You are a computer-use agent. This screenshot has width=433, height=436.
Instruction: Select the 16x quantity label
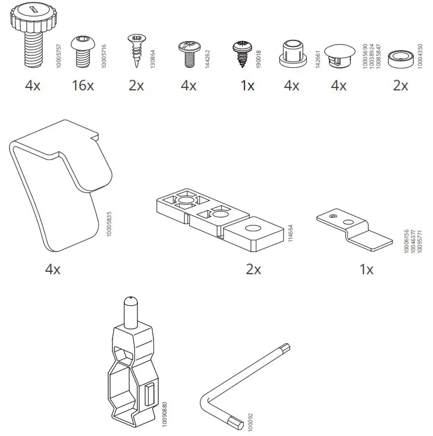click(x=82, y=86)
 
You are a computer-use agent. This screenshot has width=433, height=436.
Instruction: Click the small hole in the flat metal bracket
click(x=335, y=216)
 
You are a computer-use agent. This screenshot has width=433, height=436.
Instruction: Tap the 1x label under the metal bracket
click(x=366, y=269)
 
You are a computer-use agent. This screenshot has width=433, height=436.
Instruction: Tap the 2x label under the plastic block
click(x=253, y=269)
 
